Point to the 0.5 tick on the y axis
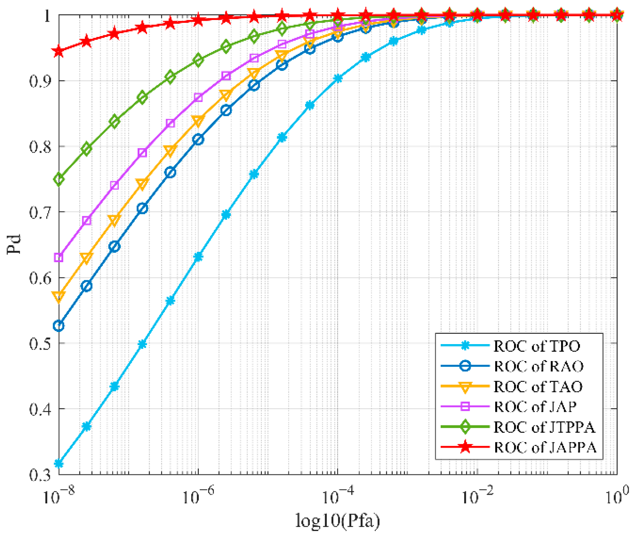(x=40, y=344)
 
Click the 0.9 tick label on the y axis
(x=40, y=81)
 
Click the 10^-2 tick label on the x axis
(x=476, y=496)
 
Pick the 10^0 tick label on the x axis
(x=616, y=496)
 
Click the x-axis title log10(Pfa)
(x=337, y=521)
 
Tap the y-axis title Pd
(x=14, y=244)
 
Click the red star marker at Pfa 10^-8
(x=59, y=51)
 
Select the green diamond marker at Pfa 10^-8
(x=59, y=179)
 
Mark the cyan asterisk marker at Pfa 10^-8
(x=59, y=463)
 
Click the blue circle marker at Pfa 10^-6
(x=198, y=140)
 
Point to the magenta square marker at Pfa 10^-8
(x=59, y=257)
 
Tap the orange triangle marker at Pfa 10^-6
(x=198, y=121)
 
